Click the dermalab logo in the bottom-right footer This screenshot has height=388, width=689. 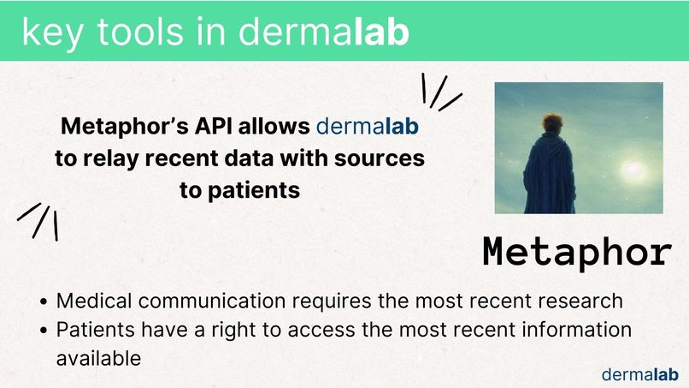point(639,373)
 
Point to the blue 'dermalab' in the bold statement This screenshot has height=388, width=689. point(368,128)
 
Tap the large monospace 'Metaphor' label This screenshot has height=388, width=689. point(577,251)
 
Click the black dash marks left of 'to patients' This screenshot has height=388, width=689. point(39,219)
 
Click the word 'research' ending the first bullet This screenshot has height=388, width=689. point(582,301)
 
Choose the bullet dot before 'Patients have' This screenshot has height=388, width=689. point(44,331)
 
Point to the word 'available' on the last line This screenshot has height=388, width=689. point(98,358)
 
